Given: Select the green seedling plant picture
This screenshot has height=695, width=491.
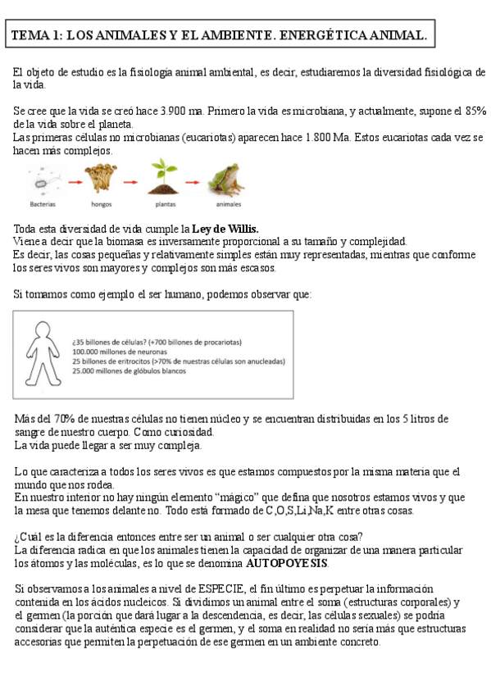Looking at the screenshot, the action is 162,177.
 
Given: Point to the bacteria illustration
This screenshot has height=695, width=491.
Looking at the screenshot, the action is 43,178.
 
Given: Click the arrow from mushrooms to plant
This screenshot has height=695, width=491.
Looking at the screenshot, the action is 132,182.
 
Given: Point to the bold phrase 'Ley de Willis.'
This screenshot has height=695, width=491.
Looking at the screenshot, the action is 225,228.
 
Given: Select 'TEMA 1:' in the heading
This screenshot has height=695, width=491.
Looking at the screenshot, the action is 35,36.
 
